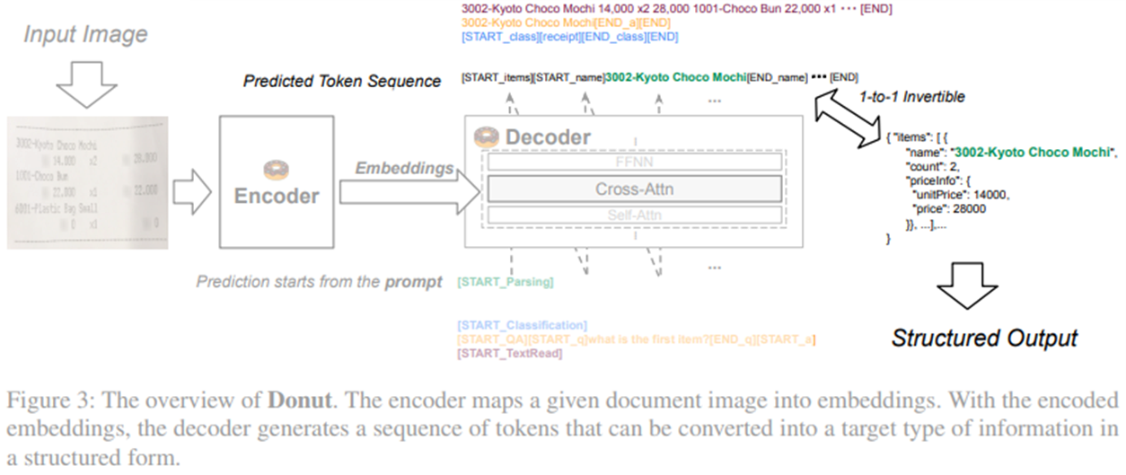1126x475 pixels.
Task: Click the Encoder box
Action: tap(277, 185)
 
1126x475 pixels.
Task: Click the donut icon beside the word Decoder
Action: tap(486, 137)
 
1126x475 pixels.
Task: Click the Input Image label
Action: tap(85, 35)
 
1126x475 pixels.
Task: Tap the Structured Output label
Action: tap(984, 338)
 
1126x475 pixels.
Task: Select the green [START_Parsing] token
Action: tap(505, 282)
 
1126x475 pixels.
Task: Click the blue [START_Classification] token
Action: tap(522, 324)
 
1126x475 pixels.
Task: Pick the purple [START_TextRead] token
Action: tap(509, 354)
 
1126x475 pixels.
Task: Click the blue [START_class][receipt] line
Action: tap(570, 37)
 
